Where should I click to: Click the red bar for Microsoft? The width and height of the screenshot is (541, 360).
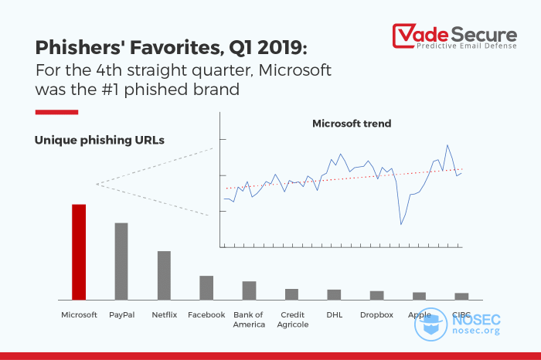click(79, 252)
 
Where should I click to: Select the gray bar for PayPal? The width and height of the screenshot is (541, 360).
click(121, 261)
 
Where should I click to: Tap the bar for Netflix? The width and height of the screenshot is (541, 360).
click(164, 275)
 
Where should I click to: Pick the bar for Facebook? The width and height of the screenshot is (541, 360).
click(206, 287)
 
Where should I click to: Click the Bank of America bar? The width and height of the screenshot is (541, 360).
click(249, 290)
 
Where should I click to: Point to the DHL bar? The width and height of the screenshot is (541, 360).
click(334, 294)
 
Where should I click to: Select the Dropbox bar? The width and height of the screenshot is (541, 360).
click(376, 295)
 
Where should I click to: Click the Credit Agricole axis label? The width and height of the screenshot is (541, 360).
click(291, 320)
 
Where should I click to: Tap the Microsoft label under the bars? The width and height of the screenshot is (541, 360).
click(80, 315)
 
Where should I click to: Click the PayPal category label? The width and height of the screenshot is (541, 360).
click(122, 315)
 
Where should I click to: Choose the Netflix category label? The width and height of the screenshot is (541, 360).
click(164, 315)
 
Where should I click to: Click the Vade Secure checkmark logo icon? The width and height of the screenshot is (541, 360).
click(403, 36)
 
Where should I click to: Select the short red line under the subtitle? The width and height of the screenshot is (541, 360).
click(56, 112)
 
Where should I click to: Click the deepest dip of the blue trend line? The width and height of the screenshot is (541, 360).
click(401, 224)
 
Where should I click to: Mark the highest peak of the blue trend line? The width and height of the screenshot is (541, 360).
click(447, 144)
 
